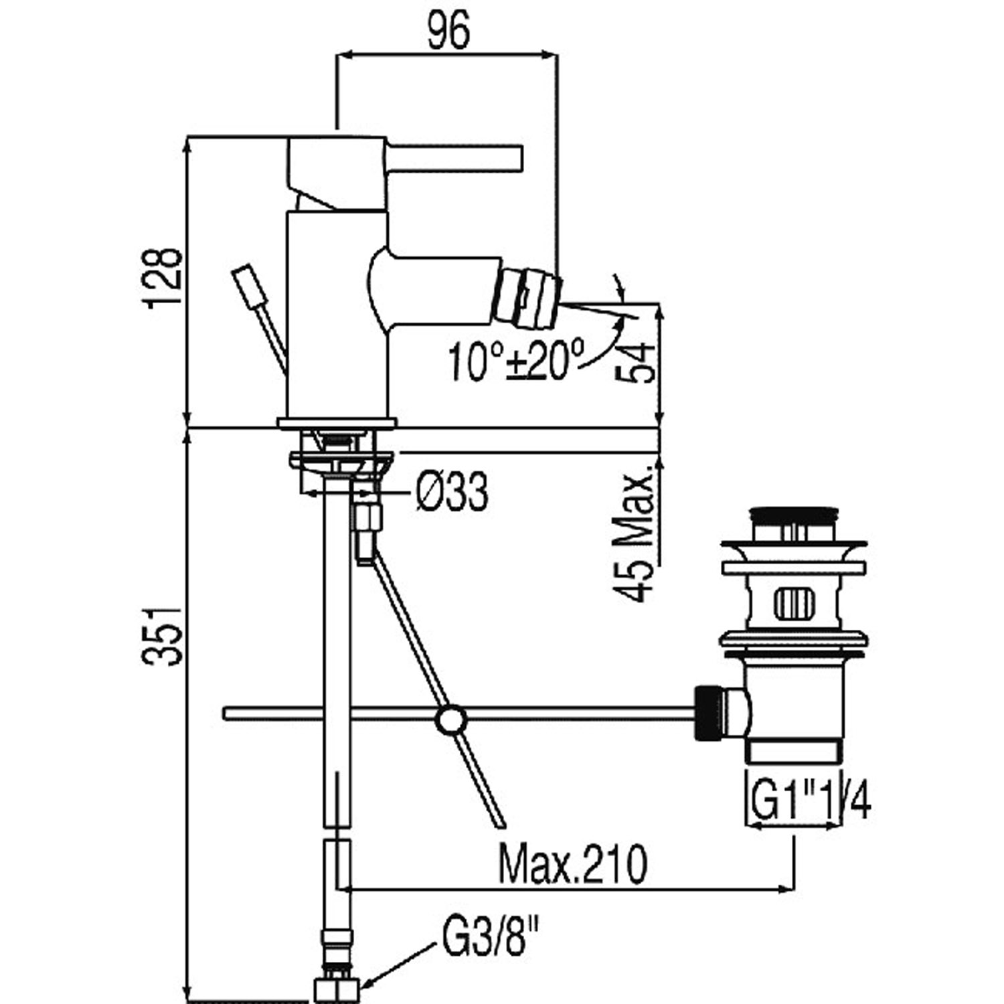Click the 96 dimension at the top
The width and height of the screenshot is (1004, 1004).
tap(448, 31)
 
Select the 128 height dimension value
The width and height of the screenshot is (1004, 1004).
tap(162, 278)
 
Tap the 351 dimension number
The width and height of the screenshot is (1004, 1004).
tap(162, 635)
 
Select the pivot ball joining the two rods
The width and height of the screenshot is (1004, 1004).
tap(450, 720)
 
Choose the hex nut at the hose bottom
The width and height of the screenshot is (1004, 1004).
tap(336, 989)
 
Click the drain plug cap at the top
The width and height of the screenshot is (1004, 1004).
tap(794, 515)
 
